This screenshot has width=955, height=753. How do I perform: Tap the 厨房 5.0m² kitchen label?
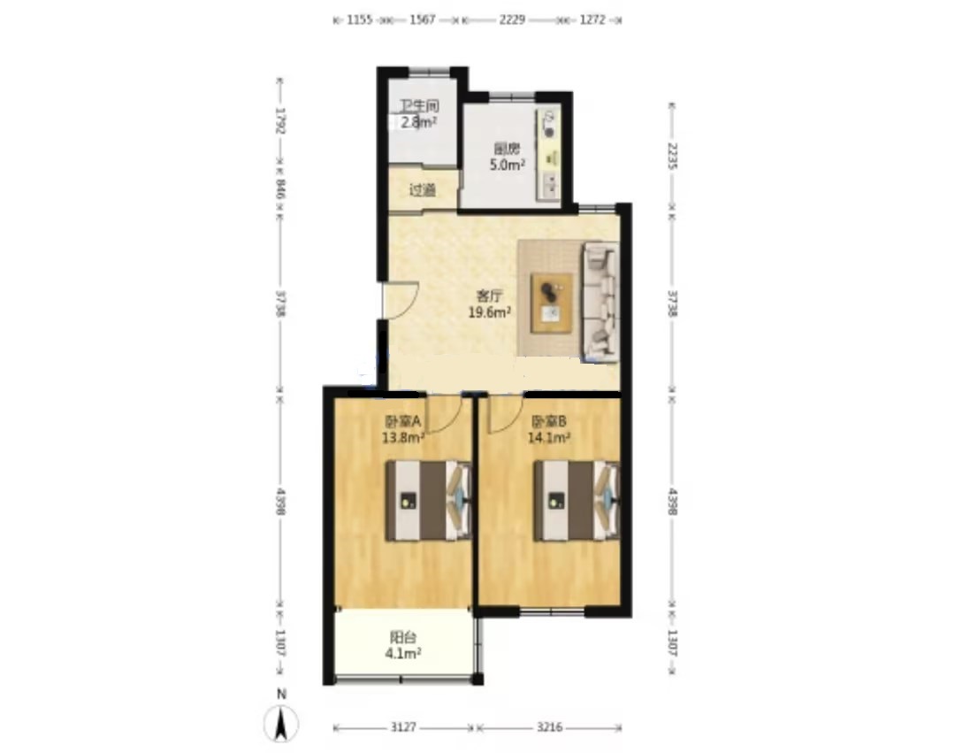click(x=508, y=156)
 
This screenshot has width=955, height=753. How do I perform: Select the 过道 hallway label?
click(x=423, y=189)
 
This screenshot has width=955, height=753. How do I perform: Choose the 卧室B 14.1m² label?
click(x=550, y=429)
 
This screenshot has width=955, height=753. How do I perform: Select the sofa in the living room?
click(x=600, y=304)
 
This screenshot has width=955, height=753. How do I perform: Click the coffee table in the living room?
click(x=552, y=302)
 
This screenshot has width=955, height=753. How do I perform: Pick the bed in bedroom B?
click(x=576, y=500)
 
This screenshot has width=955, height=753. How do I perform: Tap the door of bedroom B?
click(x=504, y=411)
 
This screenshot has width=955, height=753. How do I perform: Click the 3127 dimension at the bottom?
click(x=404, y=727)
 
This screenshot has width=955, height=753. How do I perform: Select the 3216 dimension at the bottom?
click(x=550, y=727)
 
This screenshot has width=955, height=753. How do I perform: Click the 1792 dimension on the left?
click(x=280, y=120)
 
